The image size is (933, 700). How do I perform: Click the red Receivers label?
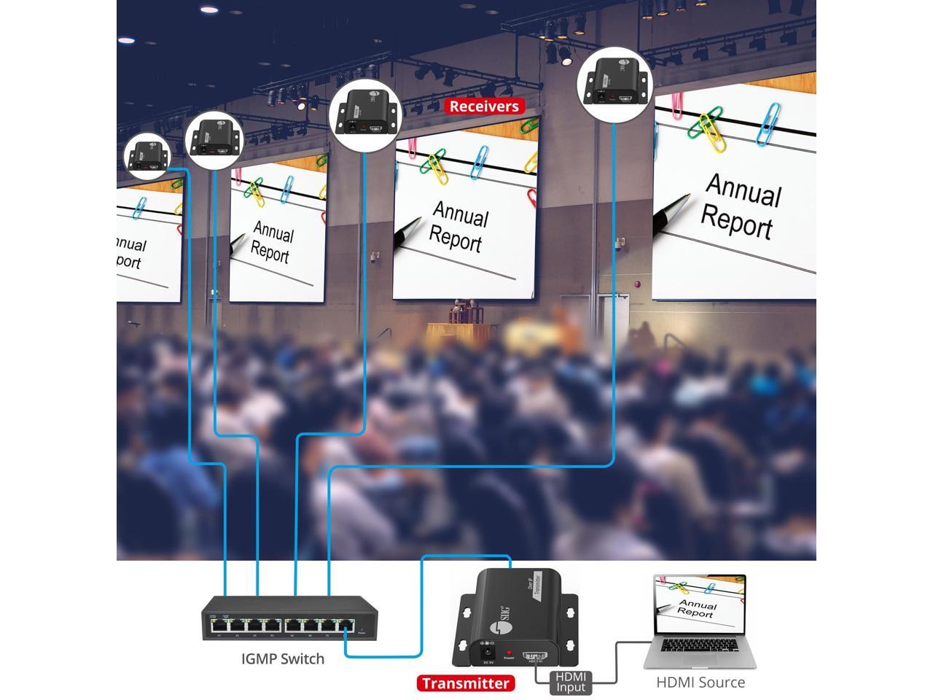tap(484, 106)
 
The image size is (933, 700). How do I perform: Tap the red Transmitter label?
tap(466, 683)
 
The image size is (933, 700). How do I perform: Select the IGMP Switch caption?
tap(283, 659)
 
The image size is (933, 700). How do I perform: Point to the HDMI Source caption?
tap(700, 682)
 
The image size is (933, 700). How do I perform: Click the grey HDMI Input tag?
tap(571, 682)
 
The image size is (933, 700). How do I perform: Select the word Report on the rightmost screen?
tap(736, 221)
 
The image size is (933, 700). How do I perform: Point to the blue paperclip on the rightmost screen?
tap(768, 122)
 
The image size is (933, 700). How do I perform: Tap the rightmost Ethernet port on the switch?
tap(346, 626)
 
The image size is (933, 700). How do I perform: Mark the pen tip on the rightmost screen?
tap(659, 222)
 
